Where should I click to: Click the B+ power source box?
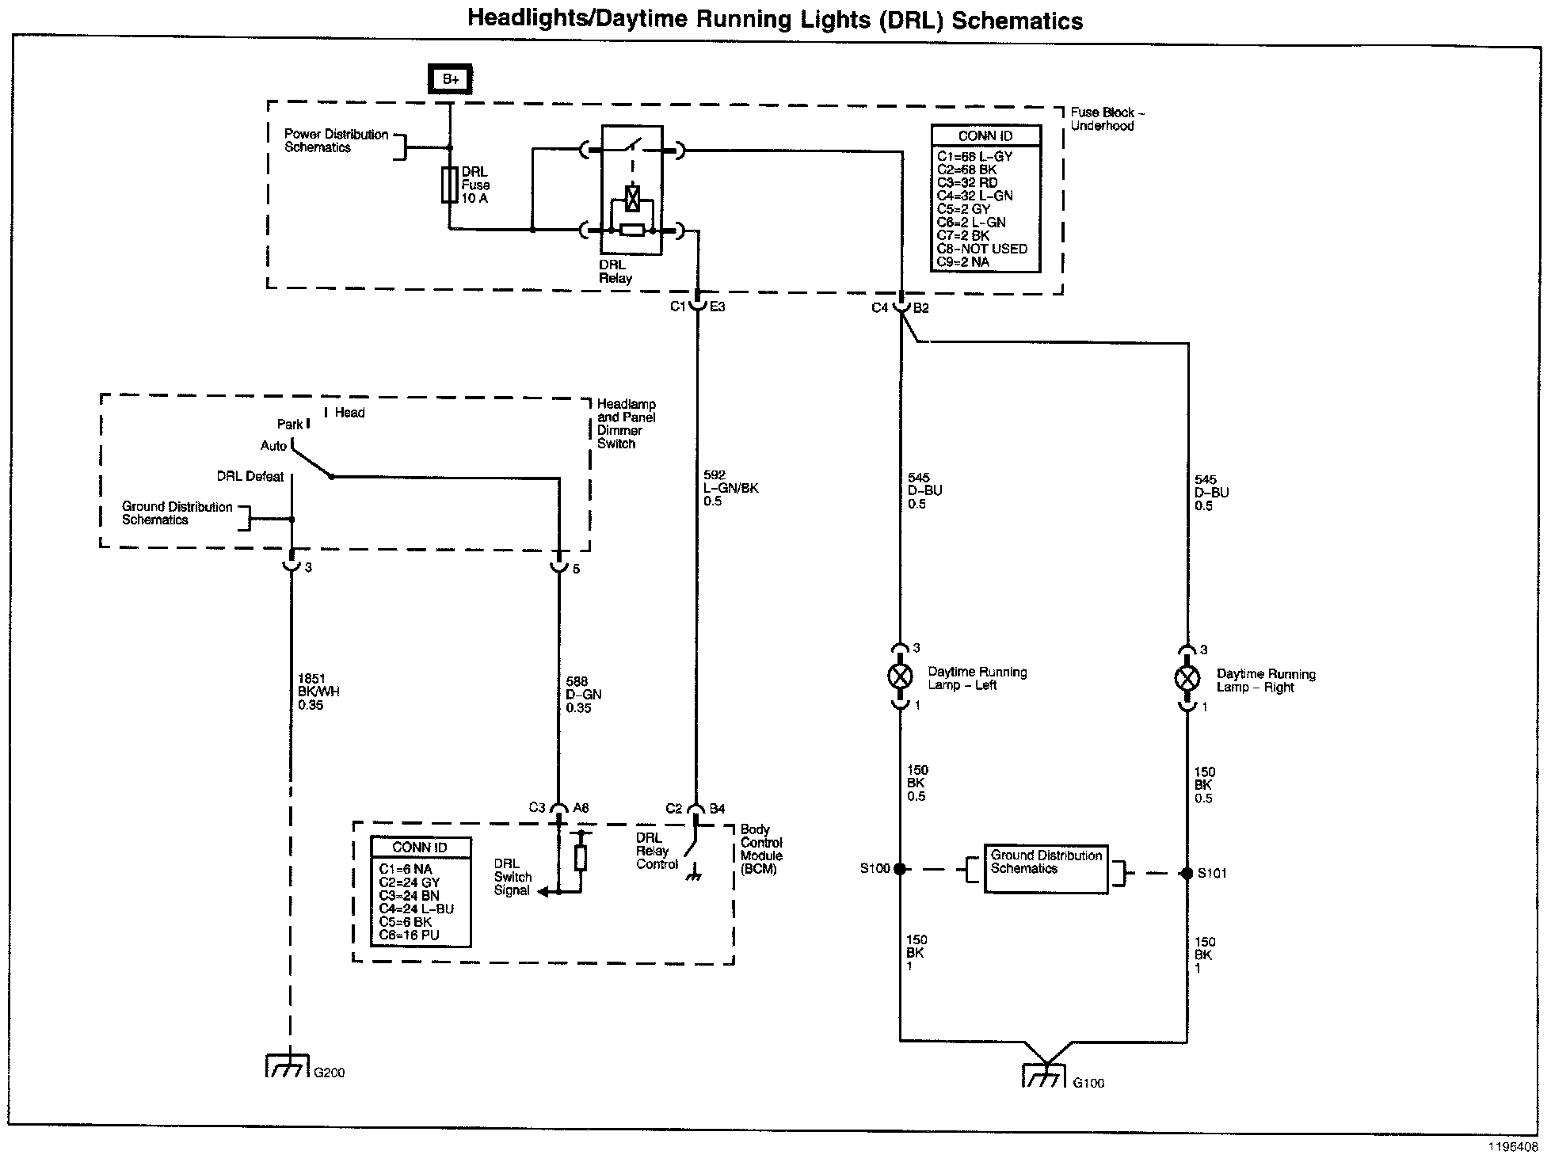pos(450,79)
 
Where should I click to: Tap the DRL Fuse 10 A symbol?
pos(450,185)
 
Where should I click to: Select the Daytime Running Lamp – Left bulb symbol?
pos(901,676)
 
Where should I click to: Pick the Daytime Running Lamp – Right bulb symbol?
pos(1187,678)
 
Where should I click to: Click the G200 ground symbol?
pos(286,1066)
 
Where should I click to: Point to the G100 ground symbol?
pos(1045,1075)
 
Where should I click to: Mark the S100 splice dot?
pos(900,869)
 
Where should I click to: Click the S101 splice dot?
pos(1187,874)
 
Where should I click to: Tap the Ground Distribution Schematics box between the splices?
pos(1046,869)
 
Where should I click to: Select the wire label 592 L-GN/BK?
pos(730,489)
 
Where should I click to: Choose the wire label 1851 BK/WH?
pos(318,692)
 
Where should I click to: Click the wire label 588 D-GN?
pos(584,695)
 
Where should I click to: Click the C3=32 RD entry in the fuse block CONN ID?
pos(967,183)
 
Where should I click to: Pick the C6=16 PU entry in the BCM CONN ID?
pos(409,935)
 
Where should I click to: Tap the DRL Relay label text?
pos(615,272)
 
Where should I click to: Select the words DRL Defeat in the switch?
pos(250,477)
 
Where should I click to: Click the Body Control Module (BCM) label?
pos(761,849)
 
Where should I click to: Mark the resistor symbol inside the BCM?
pos(581,859)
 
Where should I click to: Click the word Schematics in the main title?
pos(1017,21)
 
